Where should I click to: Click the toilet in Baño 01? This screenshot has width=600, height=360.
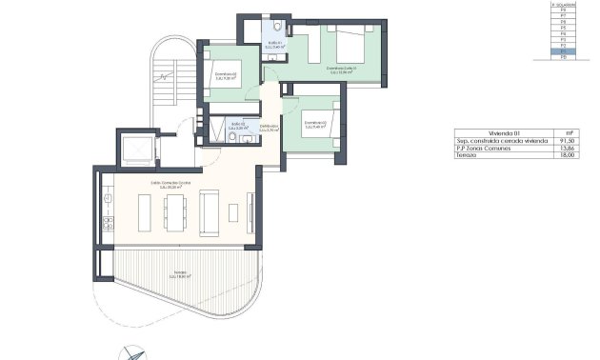pos(277,30)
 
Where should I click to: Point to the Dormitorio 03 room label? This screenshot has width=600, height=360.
pos(316,124)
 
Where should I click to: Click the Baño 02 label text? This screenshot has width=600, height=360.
pos(238,125)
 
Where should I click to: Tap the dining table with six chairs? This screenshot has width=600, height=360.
pos(174,211)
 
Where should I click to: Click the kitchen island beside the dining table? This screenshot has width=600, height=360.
pos(144,210)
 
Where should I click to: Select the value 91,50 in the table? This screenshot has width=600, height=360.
pos(569,142)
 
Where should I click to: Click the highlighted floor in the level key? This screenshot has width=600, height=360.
pos(565,51)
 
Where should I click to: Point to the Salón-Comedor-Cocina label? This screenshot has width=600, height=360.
pos(171,185)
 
